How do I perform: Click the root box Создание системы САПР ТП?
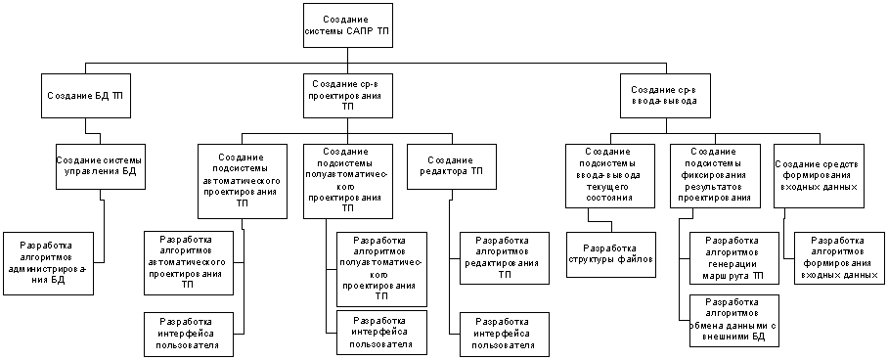tap(347, 24)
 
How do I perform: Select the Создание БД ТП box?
tap(85, 95)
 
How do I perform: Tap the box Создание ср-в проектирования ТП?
tap(347, 95)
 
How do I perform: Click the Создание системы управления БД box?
tap(100, 166)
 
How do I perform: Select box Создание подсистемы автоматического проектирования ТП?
tap(243, 181)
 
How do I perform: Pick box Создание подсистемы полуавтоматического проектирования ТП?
tap(348, 181)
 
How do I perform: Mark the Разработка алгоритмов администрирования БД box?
tap(49, 263)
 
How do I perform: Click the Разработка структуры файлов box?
tap(611, 254)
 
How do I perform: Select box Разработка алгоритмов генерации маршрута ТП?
tap(734, 258)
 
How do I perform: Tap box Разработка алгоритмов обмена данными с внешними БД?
tap(734, 320)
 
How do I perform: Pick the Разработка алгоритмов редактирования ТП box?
tap(505, 258)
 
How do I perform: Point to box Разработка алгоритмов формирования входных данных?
tap(839, 258)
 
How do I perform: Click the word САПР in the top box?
tap(359, 29)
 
